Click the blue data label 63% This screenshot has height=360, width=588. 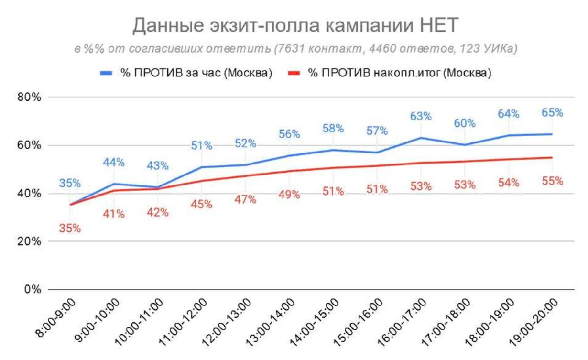point(421,116)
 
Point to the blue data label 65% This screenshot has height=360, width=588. point(552,113)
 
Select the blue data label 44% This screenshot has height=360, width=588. point(114,163)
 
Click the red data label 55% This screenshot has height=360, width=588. point(552,181)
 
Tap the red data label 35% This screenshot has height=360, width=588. point(70,229)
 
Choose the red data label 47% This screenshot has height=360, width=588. point(245,200)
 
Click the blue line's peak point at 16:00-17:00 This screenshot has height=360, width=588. point(421,138)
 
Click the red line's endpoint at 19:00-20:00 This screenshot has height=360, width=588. point(552,157)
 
